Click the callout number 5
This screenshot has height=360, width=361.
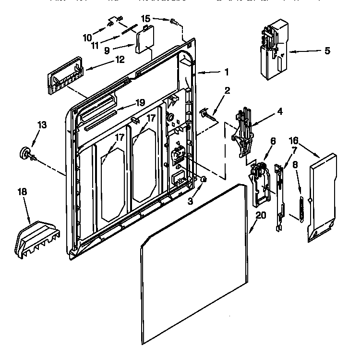point(327,50)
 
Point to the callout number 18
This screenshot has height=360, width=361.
point(22,192)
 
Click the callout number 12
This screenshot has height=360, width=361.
point(120,60)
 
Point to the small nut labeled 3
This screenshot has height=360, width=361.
point(204,179)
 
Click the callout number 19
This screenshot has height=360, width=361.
point(140,102)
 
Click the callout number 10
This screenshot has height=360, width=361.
point(87,37)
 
